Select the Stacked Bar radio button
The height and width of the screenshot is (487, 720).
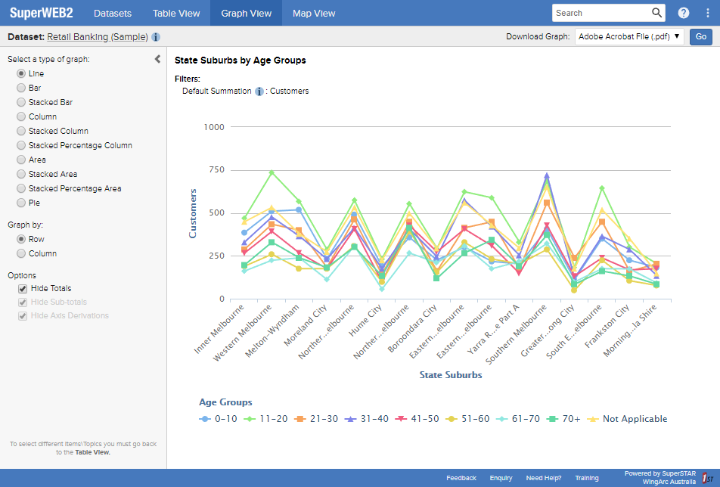pyautogui.click(x=21, y=102)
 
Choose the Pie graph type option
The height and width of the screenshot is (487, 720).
pyautogui.click(x=21, y=203)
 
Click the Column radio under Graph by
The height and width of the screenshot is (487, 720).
pyautogui.click(x=21, y=253)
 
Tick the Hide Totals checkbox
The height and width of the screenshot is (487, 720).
pyautogui.click(x=23, y=288)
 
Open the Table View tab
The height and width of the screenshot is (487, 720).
pyautogui.click(x=176, y=13)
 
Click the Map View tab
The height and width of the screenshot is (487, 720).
pyautogui.click(x=314, y=13)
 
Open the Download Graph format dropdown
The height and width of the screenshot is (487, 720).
pyautogui.click(x=629, y=36)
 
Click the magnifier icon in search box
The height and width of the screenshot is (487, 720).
pyautogui.click(x=656, y=13)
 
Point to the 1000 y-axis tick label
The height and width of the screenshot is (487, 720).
pyautogui.click(x=214, y=127)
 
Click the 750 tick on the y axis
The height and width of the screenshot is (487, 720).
pyautogui.click(x=216, y=170)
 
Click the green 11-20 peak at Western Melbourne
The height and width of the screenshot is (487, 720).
pyautogui.click(x=272, y=172)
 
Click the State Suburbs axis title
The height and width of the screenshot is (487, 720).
pyautogui.click(x=450, y=374)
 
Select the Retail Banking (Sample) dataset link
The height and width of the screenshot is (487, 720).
pyautogui.click(x=98, y=36)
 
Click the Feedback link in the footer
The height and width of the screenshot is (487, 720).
pyautogui.click(x=461, y=478)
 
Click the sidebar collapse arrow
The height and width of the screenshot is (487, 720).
pyautogui.click(x=157, y=59)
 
